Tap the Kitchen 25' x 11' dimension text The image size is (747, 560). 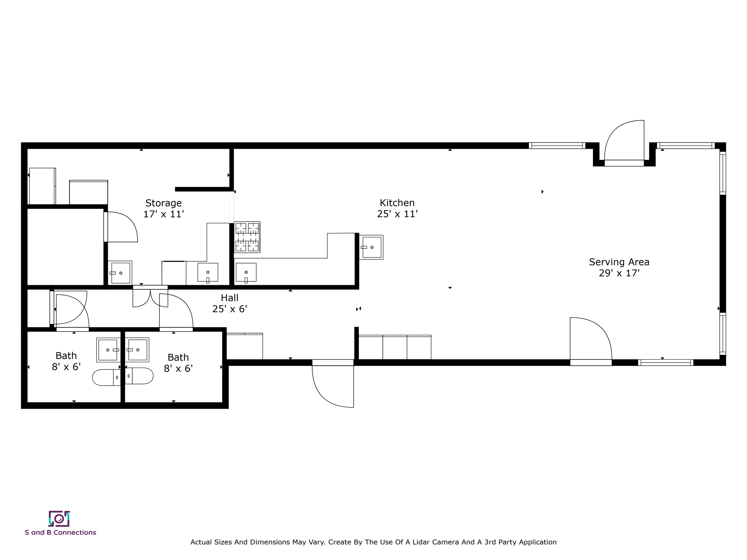point(398,214)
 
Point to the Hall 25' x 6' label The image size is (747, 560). point(230,303)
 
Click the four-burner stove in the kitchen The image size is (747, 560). point(247,237)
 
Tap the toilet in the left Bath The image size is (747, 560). point(106,377)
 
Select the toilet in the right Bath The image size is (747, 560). point(139,376)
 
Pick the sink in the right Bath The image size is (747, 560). point(137,350)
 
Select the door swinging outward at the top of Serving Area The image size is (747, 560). point(624,142)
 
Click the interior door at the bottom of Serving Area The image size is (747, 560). point(590,339)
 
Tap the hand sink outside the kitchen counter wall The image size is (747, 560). point(371,247)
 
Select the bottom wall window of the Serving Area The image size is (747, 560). point(666,362)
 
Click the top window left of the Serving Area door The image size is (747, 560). point(557,146)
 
